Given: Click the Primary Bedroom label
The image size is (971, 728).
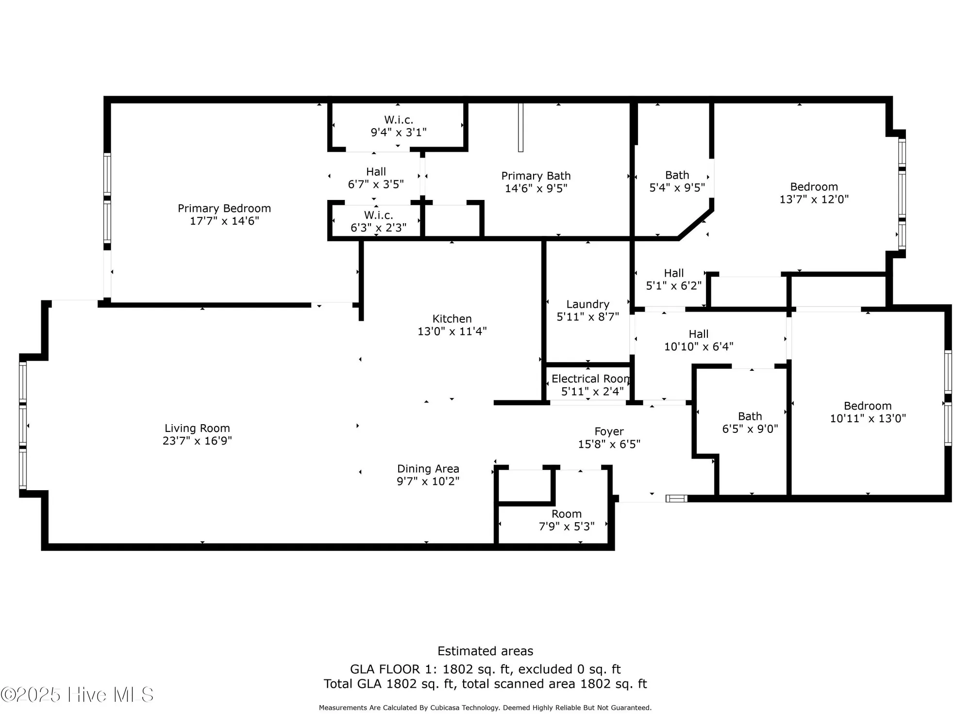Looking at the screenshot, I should (224, 208).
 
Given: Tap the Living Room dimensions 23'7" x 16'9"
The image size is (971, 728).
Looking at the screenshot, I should (197, 441).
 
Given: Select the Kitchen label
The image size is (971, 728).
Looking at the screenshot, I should (452, 319).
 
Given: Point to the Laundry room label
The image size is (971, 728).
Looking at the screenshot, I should (587, 304).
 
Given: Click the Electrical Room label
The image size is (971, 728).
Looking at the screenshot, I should (590, 379).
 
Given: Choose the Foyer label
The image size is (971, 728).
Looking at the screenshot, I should (609, 431).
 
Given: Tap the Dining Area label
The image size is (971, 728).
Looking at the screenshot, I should (428, 469).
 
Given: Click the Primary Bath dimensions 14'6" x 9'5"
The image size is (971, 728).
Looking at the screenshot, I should (536, 188).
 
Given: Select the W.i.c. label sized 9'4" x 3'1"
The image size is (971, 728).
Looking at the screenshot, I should (399, 120).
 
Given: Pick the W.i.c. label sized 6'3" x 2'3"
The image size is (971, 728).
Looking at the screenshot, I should (378, 215).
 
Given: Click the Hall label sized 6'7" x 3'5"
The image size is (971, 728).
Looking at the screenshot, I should (376, 172).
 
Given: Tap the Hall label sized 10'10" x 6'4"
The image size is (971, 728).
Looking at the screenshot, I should (698, 334).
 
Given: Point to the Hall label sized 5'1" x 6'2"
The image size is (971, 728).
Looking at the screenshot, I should (673, 273).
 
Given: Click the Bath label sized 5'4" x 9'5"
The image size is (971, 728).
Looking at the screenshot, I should (677, 175).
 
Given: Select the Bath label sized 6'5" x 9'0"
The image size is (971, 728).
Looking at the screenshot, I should (750, 416).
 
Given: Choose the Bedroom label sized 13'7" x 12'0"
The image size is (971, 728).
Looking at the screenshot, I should (814, 187).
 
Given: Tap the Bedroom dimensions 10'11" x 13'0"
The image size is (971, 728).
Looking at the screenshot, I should (868, 418).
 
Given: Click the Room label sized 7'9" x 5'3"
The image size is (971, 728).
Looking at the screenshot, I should (566, 514).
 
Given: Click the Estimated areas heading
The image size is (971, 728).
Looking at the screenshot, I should (485, 651).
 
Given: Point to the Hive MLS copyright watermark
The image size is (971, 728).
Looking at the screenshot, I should (78, 695).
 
